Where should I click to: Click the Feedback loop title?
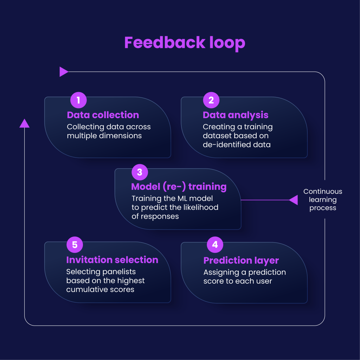click(185, 43)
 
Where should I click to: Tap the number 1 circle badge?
click(78, 100)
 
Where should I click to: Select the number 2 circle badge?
click(211, 100)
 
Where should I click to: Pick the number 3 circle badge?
click(140, 172)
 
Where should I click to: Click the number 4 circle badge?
click(215, 245)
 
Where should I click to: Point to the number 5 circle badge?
click(75, 245)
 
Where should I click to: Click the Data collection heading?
click(103, 115)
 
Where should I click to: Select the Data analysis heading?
click(236, 115)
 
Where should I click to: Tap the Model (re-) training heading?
click(179, 187)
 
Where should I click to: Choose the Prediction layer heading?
click(241, 261)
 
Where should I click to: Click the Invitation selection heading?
click(112, 260)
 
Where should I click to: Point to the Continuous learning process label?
click(323, 200)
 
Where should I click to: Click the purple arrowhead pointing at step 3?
click(294, 200)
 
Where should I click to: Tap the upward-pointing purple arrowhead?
click(24, 123)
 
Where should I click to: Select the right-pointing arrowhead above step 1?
click(64, 72)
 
